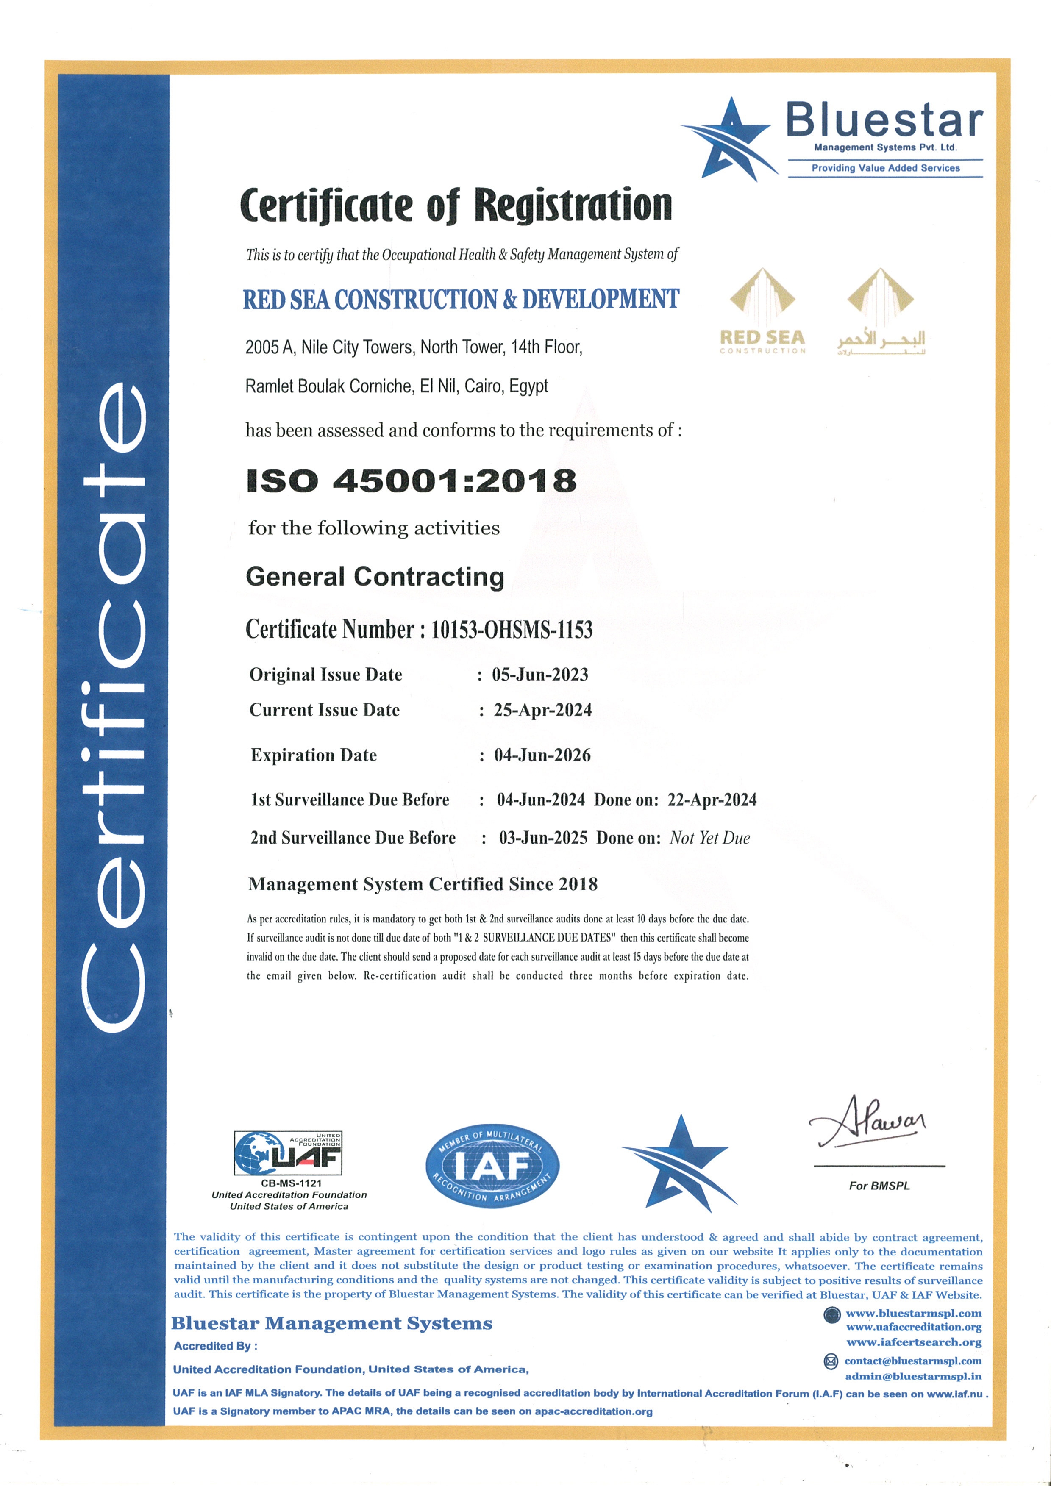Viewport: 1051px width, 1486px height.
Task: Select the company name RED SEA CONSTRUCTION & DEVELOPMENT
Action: point(461,300)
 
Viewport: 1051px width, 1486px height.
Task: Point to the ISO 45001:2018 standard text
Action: point(411,481)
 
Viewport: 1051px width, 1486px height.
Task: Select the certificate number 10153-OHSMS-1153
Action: point(511,630)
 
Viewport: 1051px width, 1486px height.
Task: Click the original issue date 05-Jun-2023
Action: point(540,675)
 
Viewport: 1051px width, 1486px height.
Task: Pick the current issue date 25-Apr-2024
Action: point(542,710)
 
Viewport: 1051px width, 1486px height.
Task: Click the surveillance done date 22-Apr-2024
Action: point(712,800)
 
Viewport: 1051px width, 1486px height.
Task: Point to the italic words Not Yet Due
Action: point(709,838)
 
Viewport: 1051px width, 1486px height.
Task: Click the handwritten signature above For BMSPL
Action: point(867,1123)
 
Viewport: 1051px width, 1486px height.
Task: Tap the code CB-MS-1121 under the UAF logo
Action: point(291,1183)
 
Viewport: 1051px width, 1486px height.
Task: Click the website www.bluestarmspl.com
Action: point(913,1313)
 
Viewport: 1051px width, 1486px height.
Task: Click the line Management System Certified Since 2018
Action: point(423,884)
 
